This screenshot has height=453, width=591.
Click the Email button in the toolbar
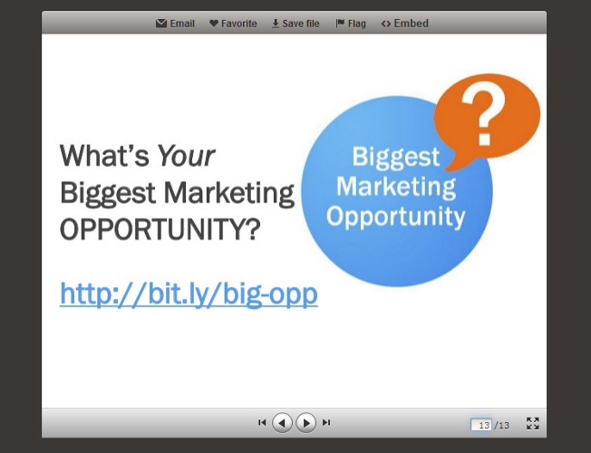pos(175,24)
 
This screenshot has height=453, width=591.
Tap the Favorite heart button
pos(233,24)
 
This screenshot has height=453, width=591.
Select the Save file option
pos(295,24)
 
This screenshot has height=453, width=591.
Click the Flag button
pos(351,24)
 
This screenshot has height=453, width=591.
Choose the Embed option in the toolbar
pos(405,24)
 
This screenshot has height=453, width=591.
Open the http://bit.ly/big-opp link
pos(189,294)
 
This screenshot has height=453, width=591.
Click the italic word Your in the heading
pos(186,156)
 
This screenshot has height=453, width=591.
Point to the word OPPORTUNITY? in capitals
pos(160,229)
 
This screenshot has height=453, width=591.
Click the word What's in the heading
pos(104,155)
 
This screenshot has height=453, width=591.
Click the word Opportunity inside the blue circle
pos(396,217)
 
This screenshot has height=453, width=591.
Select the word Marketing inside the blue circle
pos(396,188)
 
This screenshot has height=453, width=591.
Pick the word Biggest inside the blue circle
pos(396,157)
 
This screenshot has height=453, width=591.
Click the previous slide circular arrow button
pos(282,423)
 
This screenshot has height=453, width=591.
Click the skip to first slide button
pos(262,422)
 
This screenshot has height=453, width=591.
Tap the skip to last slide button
pos(326,422)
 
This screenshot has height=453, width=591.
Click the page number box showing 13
pos(481,425)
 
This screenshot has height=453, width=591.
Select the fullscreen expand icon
pos(533,423)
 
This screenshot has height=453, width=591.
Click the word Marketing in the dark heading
pos(229,193)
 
